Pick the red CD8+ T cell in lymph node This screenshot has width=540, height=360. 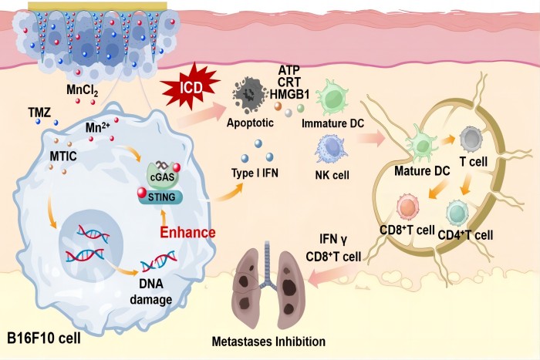[409, 207]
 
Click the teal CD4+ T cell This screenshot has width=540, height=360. [457, 211]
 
